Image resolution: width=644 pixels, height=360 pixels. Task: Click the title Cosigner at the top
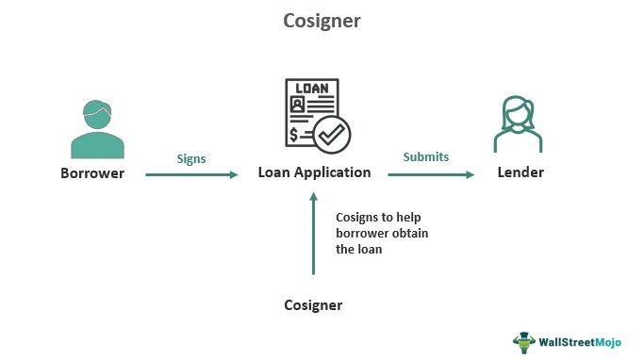[x=322, y=20]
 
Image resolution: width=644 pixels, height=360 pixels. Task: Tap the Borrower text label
[x=92, y=173]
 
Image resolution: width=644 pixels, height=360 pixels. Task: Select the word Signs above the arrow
[x=191, y=157]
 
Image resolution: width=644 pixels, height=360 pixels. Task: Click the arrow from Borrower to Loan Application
[x=191, y=174]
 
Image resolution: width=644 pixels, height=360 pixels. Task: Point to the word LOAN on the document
[x=312, y=90]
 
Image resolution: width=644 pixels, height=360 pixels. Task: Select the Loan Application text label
[x=314, y=173]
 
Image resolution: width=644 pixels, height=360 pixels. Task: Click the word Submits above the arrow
[x=425, y=157]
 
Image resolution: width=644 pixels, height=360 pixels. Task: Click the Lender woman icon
[x=519, y=124]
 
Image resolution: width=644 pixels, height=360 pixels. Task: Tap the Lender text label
[x=520, y=173]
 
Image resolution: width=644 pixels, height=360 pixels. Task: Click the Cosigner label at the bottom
[x=313, y=305]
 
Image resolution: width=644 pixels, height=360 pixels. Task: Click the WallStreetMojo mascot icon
[x=523, y=339]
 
